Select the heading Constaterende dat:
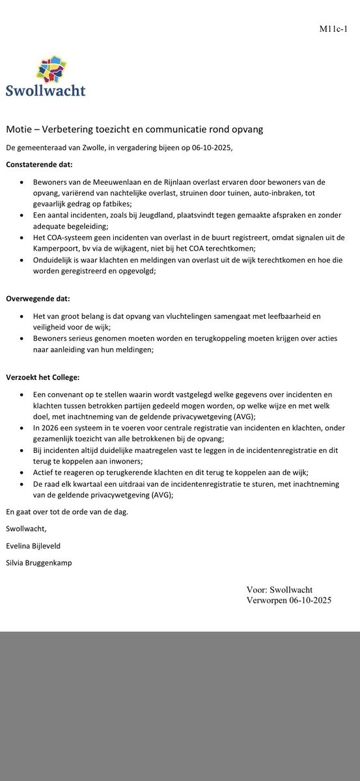click(40, 164)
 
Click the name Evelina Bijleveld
click(38, 546)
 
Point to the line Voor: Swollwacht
click(280, 589)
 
